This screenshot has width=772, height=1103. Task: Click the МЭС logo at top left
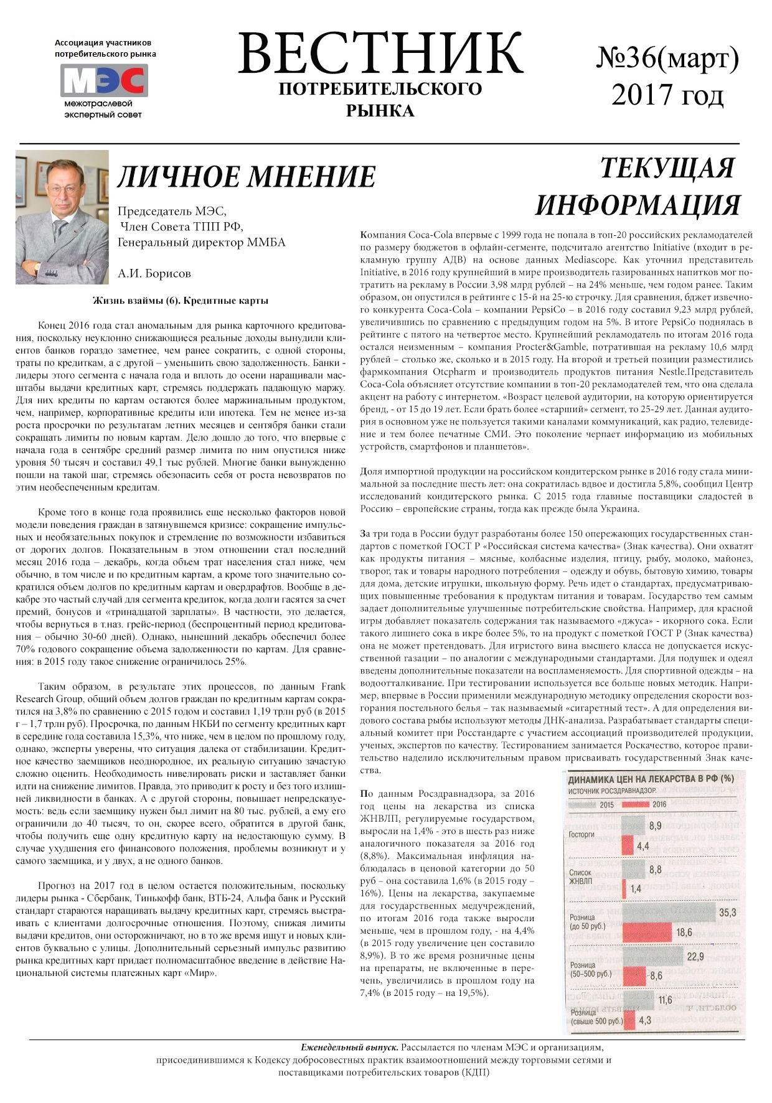(104, 80)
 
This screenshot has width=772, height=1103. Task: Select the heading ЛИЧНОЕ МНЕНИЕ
(247, 177)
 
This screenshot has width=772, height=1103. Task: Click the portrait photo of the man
(62, 217)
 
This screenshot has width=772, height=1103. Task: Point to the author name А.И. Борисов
(154, 273)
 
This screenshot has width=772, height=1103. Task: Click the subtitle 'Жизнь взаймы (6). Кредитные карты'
(181, 301)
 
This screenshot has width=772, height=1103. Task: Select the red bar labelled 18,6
(647, 932)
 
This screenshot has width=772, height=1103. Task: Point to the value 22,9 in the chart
(695, 957)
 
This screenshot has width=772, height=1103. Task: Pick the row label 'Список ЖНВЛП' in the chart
(581, 877)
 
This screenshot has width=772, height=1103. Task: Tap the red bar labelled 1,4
(624, 888)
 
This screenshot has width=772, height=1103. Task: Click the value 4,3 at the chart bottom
(644, 1020)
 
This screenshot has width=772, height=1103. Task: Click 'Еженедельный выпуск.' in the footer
(349, 1048)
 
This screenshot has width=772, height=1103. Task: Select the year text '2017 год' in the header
(667, 95)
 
